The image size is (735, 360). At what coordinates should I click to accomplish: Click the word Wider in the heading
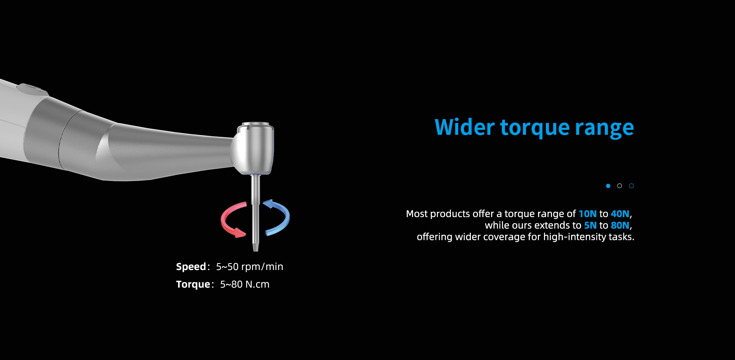pos(465,127)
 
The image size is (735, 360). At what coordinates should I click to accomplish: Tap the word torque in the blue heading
pos(535,129)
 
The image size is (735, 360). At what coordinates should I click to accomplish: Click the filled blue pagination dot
pos(608,186)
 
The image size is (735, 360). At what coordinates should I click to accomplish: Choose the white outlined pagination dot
pos(619,186)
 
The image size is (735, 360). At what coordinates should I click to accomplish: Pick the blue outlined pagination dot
pos(631,186)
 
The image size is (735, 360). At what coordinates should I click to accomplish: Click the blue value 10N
pos(588,214)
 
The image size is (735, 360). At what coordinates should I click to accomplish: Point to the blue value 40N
pos(620,214)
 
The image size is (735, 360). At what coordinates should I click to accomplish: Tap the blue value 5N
pos(590,225)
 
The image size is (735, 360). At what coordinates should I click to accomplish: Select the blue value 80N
pos(620,225)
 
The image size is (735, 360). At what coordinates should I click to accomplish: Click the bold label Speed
pos(191,267)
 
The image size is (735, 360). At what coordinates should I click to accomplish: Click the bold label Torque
pos(193,285)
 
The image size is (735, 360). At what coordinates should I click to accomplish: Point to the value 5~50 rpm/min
pos(250,267)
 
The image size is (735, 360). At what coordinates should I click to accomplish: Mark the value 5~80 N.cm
pos(245,285)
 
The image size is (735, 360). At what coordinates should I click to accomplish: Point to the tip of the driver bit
pos(255,250)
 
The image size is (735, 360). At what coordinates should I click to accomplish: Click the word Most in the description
pos(417,214)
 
